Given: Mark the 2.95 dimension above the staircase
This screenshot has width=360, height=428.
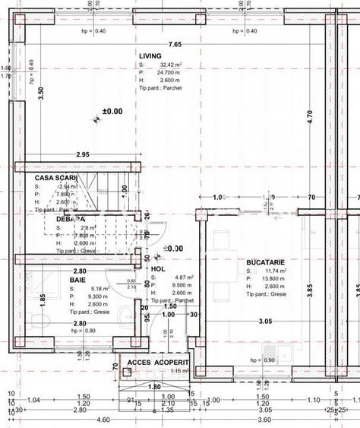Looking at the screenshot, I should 83,154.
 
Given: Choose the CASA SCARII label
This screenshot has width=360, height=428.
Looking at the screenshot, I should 56,177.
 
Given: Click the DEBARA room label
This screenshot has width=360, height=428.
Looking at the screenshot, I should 70,219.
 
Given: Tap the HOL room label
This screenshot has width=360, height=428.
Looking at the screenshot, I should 158,268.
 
